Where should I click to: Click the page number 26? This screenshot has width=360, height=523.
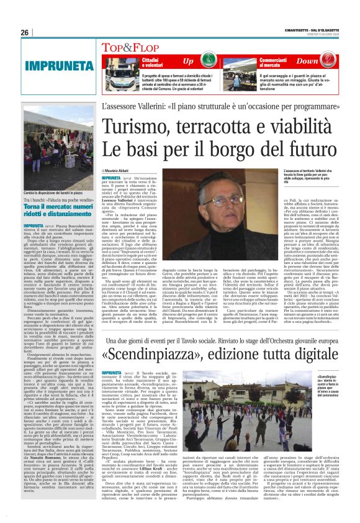[25, 33]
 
